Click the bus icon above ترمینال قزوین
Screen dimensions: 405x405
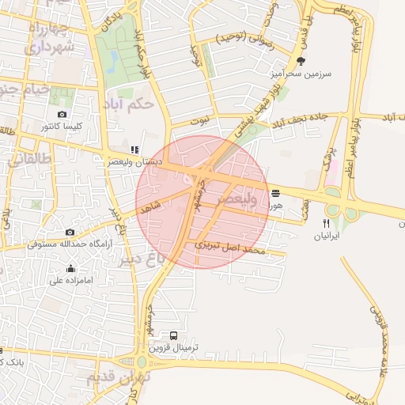174,335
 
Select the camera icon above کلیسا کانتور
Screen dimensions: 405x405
62,115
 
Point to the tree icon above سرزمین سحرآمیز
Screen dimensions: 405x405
300,61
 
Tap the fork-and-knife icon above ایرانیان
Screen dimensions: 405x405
326,224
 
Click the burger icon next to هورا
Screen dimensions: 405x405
275,193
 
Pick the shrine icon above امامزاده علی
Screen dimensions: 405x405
71,268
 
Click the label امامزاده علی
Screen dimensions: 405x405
71,280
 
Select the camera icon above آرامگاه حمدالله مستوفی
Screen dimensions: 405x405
70,233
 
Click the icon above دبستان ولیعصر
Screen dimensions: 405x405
134,149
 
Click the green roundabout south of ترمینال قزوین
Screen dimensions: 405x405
142,362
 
